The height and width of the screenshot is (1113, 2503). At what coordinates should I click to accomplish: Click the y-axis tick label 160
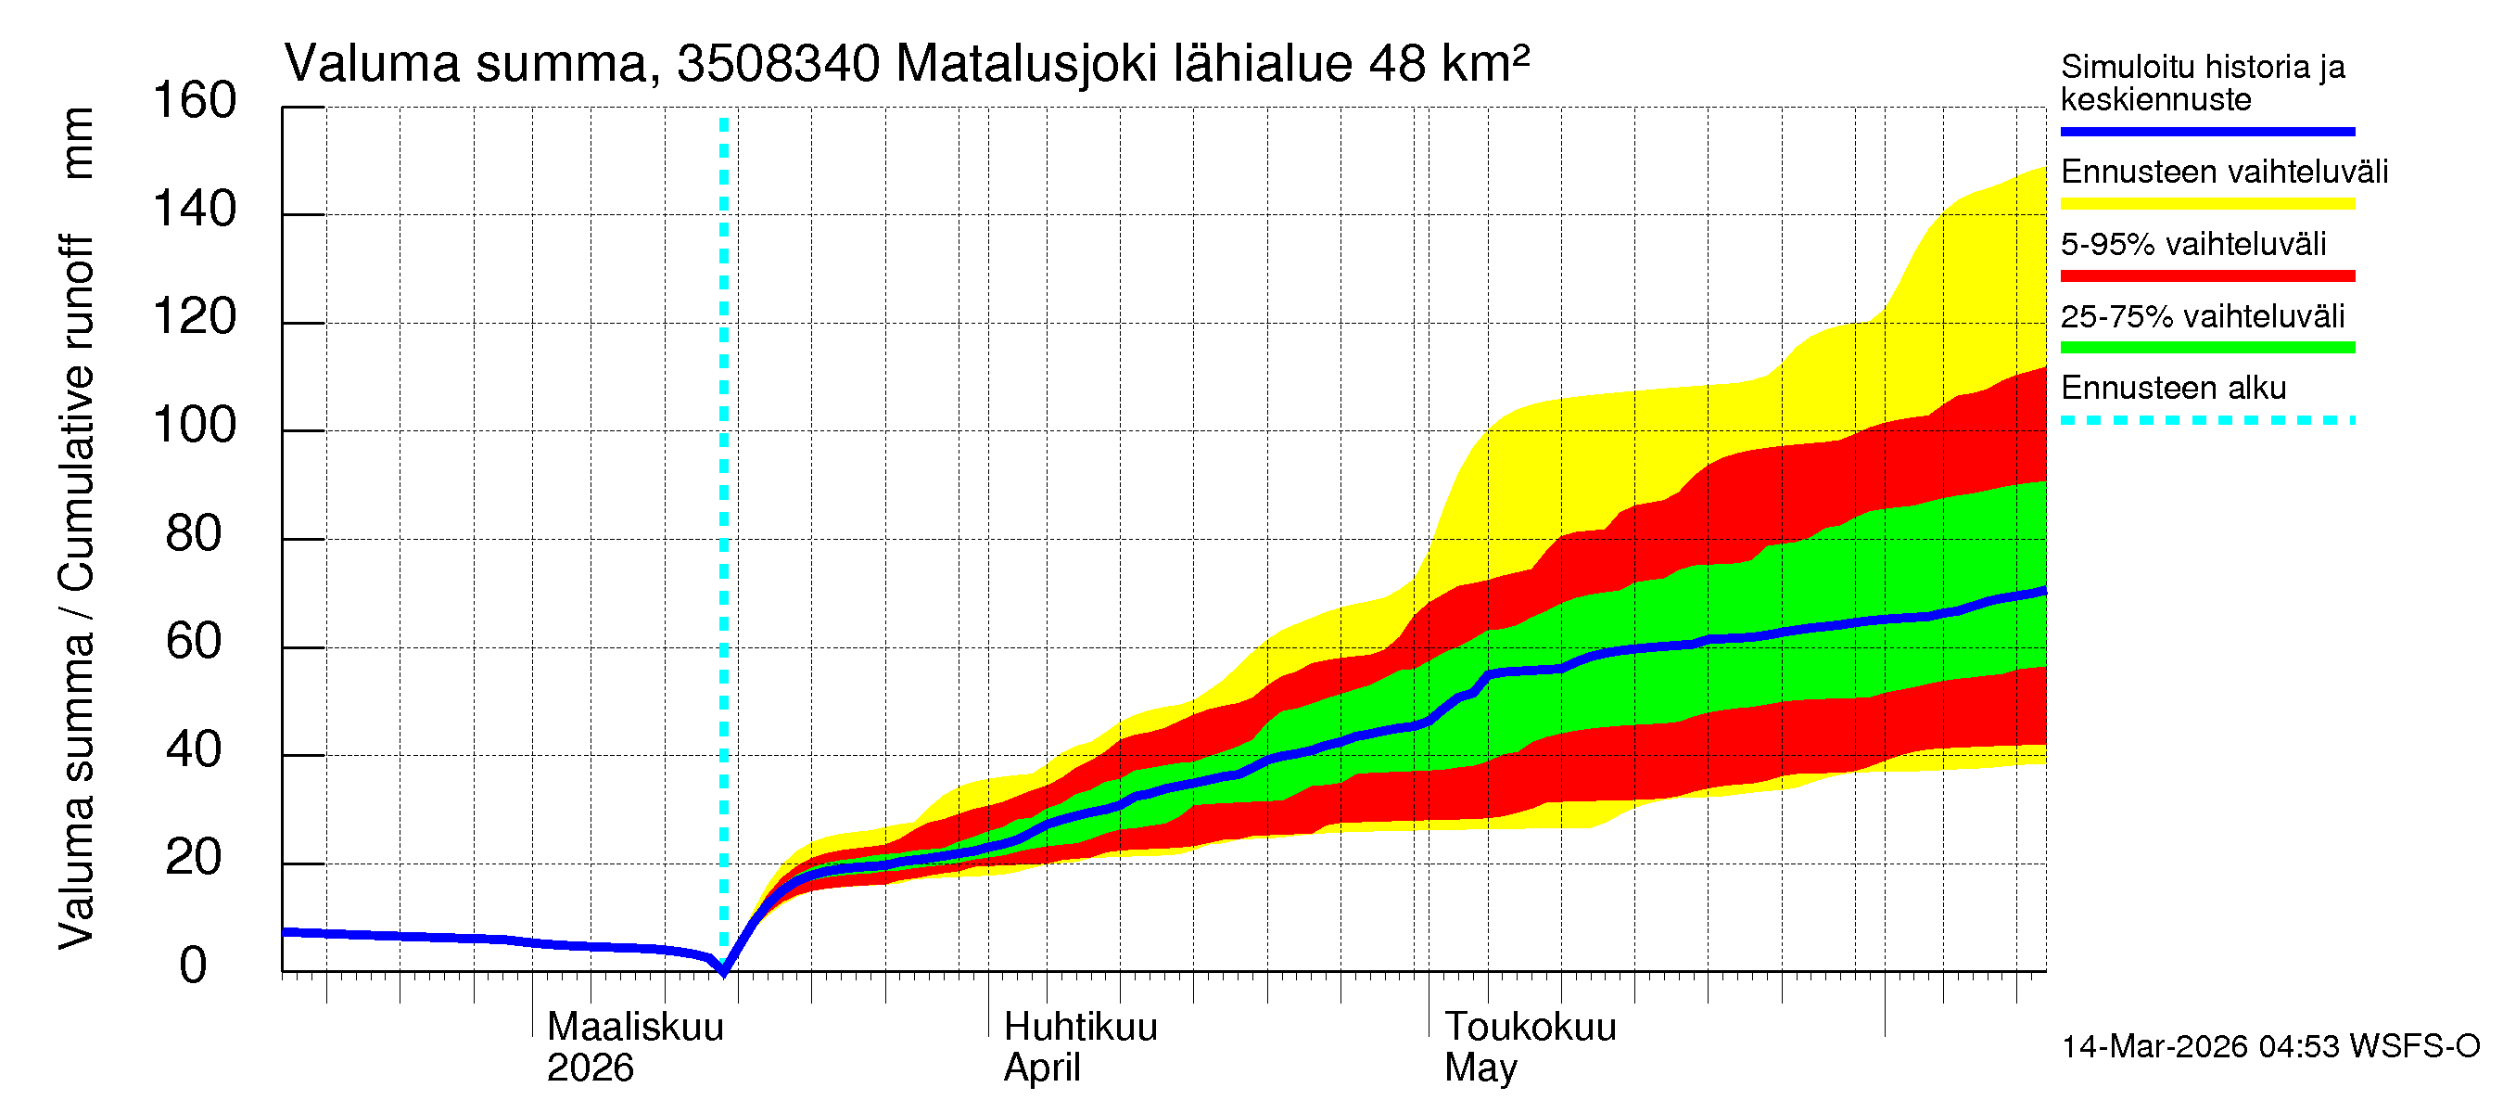pyautogui.click(x=195, y=101)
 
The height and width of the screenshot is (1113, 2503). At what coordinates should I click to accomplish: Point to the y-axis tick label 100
pyautogui.click(x=195, y=426)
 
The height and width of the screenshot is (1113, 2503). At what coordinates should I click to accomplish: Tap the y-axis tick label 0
pyautogui.click(x=194, y=966)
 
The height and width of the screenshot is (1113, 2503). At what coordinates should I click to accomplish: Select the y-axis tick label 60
pyautogui.click(x=195, y=642)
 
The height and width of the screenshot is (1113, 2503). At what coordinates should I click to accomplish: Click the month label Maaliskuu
pyautogui.click(x=635, y=1028)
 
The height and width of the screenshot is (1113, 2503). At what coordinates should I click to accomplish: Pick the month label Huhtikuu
pyautogui.click(x=1081, y=1028)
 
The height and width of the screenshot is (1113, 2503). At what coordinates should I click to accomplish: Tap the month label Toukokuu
pyautogui.click(x=1531, y=1028)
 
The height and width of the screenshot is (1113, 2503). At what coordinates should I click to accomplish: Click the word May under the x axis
pyautogui.click(x=1480, y=1068)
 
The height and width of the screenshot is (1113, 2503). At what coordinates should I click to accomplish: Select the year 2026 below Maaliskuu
pyautogui.click(x=590, y=1068)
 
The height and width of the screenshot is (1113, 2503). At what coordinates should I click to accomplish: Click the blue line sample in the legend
pyautogui.click(x=2206, y=131)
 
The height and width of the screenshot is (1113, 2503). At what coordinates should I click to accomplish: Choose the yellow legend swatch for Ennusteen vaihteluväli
pyautogui.click(x=2206, y=204)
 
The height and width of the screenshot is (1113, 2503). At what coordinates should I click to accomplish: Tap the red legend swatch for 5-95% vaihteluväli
pyautogui.click(x=2206, y=276)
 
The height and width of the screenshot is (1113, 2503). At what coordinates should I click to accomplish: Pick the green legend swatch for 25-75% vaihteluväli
pyautogui.click(x=2206, y=348)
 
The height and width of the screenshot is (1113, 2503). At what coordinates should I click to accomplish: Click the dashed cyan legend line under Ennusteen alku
pyautogui.click(x=2206, y=421)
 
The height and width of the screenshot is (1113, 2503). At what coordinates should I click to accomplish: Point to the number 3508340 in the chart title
pyautogui.click(x=779, y=64)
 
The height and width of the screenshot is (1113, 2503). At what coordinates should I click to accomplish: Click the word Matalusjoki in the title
pyautogui.click(x=1026, y=64)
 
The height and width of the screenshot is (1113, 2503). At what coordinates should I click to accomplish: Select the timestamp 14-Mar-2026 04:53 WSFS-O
pyautogui.click(x=2270, y=1047)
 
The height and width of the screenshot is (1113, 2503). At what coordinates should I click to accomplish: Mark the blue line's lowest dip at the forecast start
pyautogui.click(x=724, y=969)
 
